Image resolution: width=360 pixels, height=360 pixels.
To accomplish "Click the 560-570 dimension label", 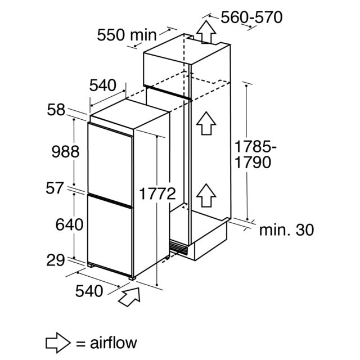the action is [251, 17].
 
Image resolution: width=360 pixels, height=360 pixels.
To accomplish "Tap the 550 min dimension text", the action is [127, 35].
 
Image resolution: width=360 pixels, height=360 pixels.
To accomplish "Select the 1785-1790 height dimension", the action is [255, 155].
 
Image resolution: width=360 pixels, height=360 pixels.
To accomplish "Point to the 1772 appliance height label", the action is [157, 193].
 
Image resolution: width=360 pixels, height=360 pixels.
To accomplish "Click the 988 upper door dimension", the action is [66, 152].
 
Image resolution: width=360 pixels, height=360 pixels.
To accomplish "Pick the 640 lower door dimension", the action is [69, 224].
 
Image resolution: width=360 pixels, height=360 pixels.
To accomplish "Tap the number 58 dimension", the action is [56, 110].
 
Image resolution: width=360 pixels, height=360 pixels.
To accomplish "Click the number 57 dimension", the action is [55, 188].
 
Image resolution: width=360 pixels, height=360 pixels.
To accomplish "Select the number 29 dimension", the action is [56, 260].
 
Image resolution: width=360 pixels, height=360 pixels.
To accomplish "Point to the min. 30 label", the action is [286, 230].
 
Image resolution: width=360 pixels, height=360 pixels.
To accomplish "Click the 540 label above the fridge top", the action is [103, 85].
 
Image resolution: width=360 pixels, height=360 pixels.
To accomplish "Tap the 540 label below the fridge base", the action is [89, 291].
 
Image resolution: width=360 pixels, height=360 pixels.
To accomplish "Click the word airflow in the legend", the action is [114, 343].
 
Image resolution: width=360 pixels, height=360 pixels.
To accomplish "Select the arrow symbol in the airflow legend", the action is [58, 343].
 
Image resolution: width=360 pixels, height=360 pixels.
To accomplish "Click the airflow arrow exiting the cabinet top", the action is [206, 32].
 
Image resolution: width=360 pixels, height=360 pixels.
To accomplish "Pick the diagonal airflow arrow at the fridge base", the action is [129, 296].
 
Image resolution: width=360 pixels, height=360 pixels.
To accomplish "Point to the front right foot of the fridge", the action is [132, 278].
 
